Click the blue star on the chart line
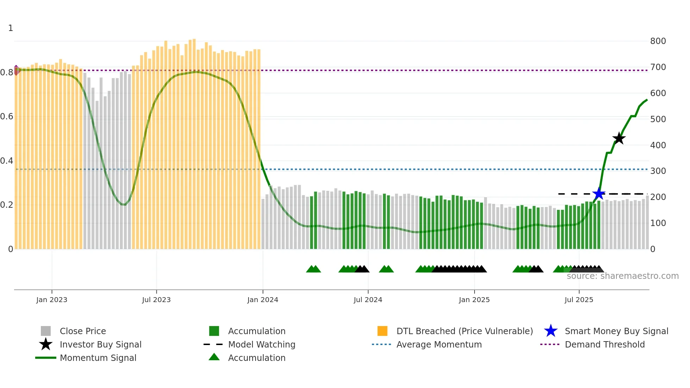point(598,194)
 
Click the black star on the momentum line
point(619,138)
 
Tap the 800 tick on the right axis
point(658,41)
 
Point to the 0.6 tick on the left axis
point(7,117)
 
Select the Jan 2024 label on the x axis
point(263,300)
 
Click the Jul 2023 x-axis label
point(156,300)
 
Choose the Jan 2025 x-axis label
point(474,300)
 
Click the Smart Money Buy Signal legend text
point(616,331)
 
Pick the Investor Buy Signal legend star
point(46,344)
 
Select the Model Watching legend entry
point(262,344)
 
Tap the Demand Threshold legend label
point(605,344)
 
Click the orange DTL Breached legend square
point(382,331)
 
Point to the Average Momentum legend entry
point(439,344)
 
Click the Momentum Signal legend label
point(98,358)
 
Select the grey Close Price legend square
point(46,331)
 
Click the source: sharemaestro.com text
point(622,276)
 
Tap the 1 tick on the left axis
point(11,28)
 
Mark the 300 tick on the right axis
point(658,171)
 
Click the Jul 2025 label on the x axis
point(579,300)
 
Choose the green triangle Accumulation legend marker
point(214,357)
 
